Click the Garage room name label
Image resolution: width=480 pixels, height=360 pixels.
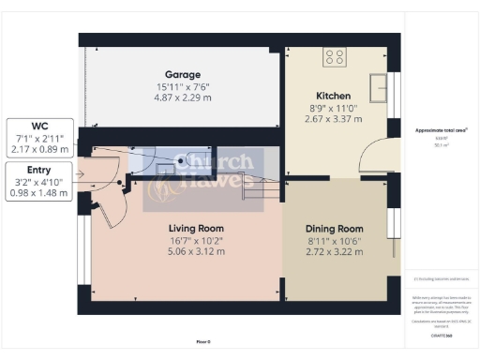coord(184,74)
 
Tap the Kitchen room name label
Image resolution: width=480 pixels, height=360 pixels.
coord(334,96)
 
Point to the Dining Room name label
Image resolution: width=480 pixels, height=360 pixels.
coord(334,229)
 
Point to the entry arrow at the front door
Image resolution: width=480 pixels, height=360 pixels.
coord(84,174)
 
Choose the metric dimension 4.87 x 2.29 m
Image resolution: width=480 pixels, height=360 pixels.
coord(184,97)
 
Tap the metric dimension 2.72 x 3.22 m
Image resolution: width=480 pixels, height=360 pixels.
coord(334,253)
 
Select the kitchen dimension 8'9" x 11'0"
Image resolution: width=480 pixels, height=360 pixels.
coord(334,108)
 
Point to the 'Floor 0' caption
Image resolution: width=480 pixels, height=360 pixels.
coord(203,341)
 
